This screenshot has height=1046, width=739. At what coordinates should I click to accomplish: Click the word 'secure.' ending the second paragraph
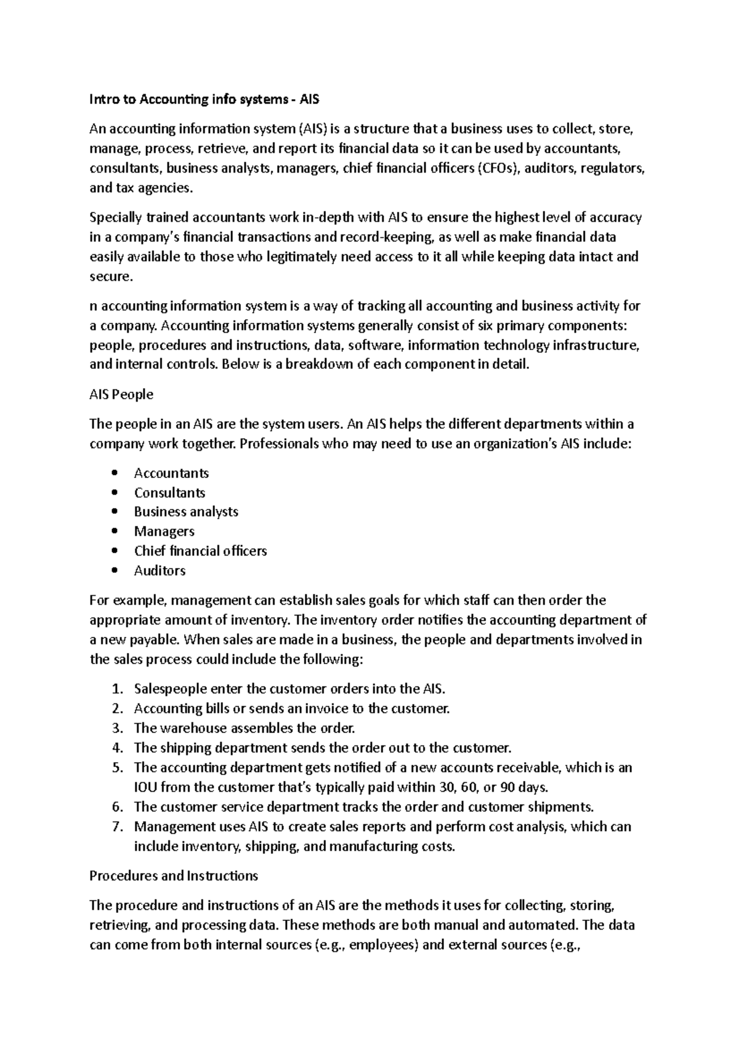[x=111, y=277]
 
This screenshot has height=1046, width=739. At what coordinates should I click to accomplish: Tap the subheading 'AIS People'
[x=121, y=394]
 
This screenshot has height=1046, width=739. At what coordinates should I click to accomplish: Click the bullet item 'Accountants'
[x=171, y=473]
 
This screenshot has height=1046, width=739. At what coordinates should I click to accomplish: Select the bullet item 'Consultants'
[x=169, y=493]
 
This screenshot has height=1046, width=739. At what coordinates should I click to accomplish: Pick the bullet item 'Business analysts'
[x=186, y=512]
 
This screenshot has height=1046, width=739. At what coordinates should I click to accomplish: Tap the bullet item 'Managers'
[x=164, y=531]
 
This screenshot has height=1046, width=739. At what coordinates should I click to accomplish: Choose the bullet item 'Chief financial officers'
[x=200, y=551]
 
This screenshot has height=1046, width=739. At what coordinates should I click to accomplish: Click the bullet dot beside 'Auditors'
[x=115, y=570]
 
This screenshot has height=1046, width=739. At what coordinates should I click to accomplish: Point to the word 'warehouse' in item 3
[x=193, y=728]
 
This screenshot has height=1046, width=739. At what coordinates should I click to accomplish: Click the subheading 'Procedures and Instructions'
[x=174, y=876]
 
